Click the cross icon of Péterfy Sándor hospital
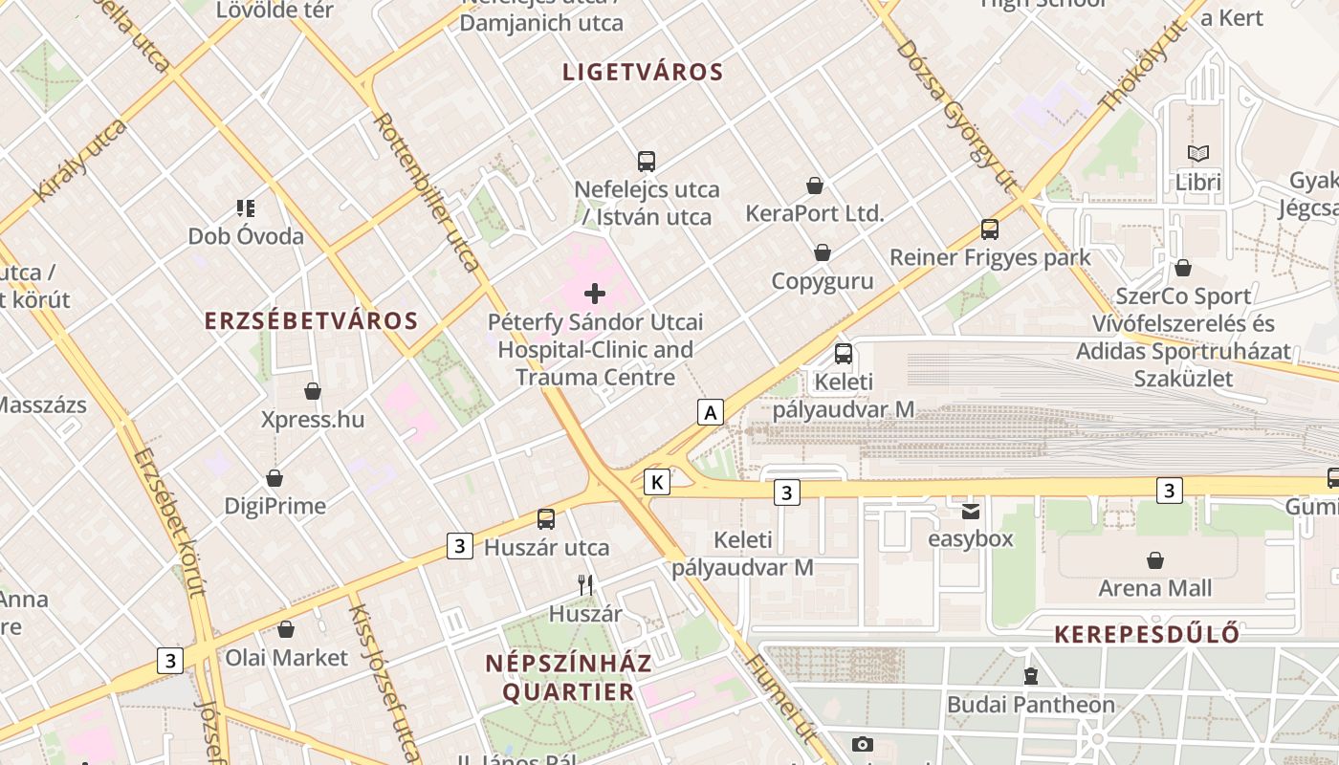point(595,294)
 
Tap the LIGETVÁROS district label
point(643,72)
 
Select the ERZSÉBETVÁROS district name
point(312,320)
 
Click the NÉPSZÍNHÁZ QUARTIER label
point(568,677)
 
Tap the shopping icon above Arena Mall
point(1155,560)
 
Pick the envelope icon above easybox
point(971,511)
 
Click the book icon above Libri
point(1198,153)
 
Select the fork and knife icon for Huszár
point(585,583)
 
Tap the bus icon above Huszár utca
point(546,519)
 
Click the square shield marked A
point(710,412)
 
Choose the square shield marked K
point(657,482)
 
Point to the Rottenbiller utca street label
point(428,192)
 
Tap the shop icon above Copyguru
point(822,252)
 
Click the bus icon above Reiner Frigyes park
point(990,229)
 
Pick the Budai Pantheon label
point(1030,705)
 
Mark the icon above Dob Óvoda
point(246,208)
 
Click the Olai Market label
point(286,658)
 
